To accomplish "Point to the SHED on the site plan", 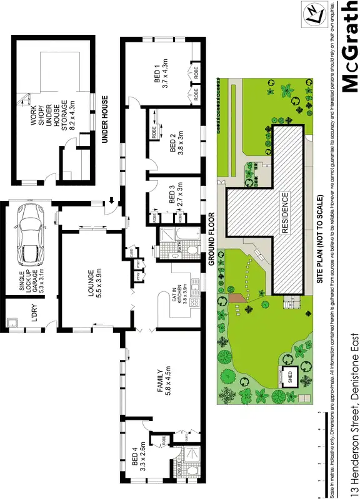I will tap(290, 378).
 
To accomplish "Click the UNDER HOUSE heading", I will tap(105, 120).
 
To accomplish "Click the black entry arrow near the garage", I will tap(111, 201).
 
